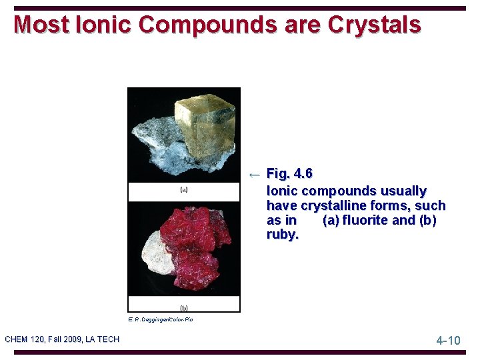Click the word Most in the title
42,25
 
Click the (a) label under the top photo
183,190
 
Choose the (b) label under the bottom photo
183,308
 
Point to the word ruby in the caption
282,235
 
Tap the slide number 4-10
448,341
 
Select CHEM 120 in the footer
24,340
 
